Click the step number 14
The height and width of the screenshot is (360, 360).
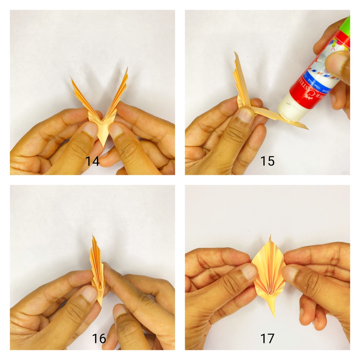[x=92, y=161]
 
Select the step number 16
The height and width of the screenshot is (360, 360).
[x=99, y=338]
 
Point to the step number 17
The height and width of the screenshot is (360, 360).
[x=267, y=338]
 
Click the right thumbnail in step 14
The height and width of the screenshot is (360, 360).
[x=116, y=130]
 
